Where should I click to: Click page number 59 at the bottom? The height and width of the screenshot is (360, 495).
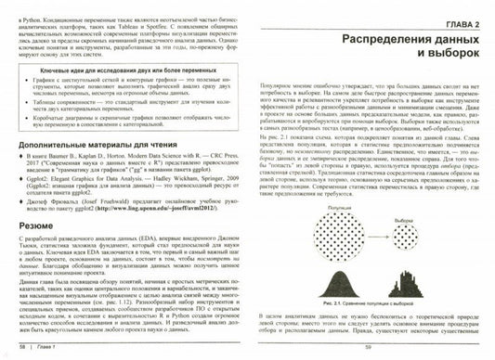pos(367,348)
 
